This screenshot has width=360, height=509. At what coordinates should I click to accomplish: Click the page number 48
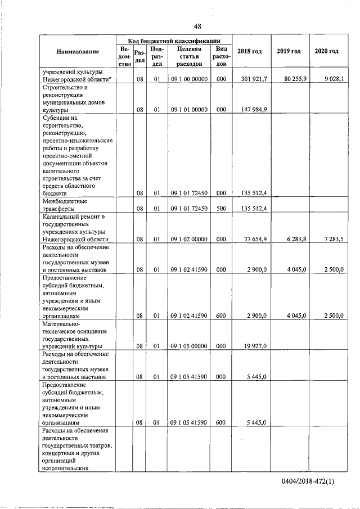point(198,26)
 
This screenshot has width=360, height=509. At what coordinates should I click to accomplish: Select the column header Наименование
point(78,52)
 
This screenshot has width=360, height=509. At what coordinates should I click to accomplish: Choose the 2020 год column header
point(327,52)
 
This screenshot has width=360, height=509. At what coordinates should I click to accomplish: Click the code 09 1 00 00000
point(189,80)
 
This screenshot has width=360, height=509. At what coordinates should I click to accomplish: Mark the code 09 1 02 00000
point(189,239)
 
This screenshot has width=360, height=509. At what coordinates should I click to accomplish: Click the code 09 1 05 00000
point(189,346)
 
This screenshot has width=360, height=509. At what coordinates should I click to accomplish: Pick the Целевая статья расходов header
point(189,56)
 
